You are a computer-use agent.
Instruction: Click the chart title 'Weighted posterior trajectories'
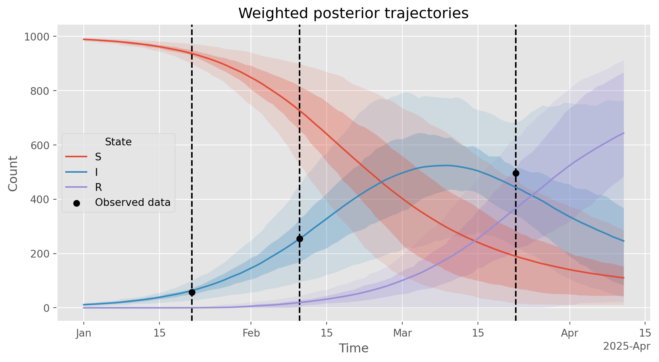tap(353, 13)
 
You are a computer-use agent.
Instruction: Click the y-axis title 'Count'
tap(13, 173)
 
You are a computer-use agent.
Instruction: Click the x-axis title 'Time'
tap(354, 349)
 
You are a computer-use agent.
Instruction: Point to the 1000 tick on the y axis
tap(37, 37)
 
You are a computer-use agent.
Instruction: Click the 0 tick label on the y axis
tap(47, 308)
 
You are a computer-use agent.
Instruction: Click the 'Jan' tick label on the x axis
tap(84, 333)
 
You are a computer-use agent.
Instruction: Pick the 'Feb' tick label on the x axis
tap(251, 333)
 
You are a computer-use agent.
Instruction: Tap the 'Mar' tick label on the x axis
tap(402, 333)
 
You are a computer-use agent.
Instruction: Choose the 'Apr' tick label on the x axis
tap(569, 333)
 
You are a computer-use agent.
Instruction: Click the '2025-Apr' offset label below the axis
tap(627, 347)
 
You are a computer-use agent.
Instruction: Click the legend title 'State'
tap(119, 142)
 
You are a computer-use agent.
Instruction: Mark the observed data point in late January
tap(192, 292)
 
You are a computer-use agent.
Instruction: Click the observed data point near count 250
tap(300, 239)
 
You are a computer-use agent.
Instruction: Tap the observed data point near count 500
tap(516, 173)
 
